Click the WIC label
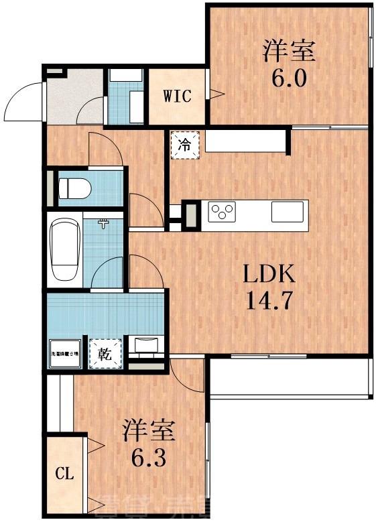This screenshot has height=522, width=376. coord(177,96)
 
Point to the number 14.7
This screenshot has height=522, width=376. coord(268,300)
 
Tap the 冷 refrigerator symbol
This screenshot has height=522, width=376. coord(186,144)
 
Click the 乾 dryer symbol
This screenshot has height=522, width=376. coord(106,353)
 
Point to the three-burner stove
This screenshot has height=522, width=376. coord(223,213)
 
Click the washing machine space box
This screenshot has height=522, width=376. coord(64,353)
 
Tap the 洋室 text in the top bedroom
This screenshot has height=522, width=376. coord(290,50)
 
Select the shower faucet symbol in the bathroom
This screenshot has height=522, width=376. coord(103,223)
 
